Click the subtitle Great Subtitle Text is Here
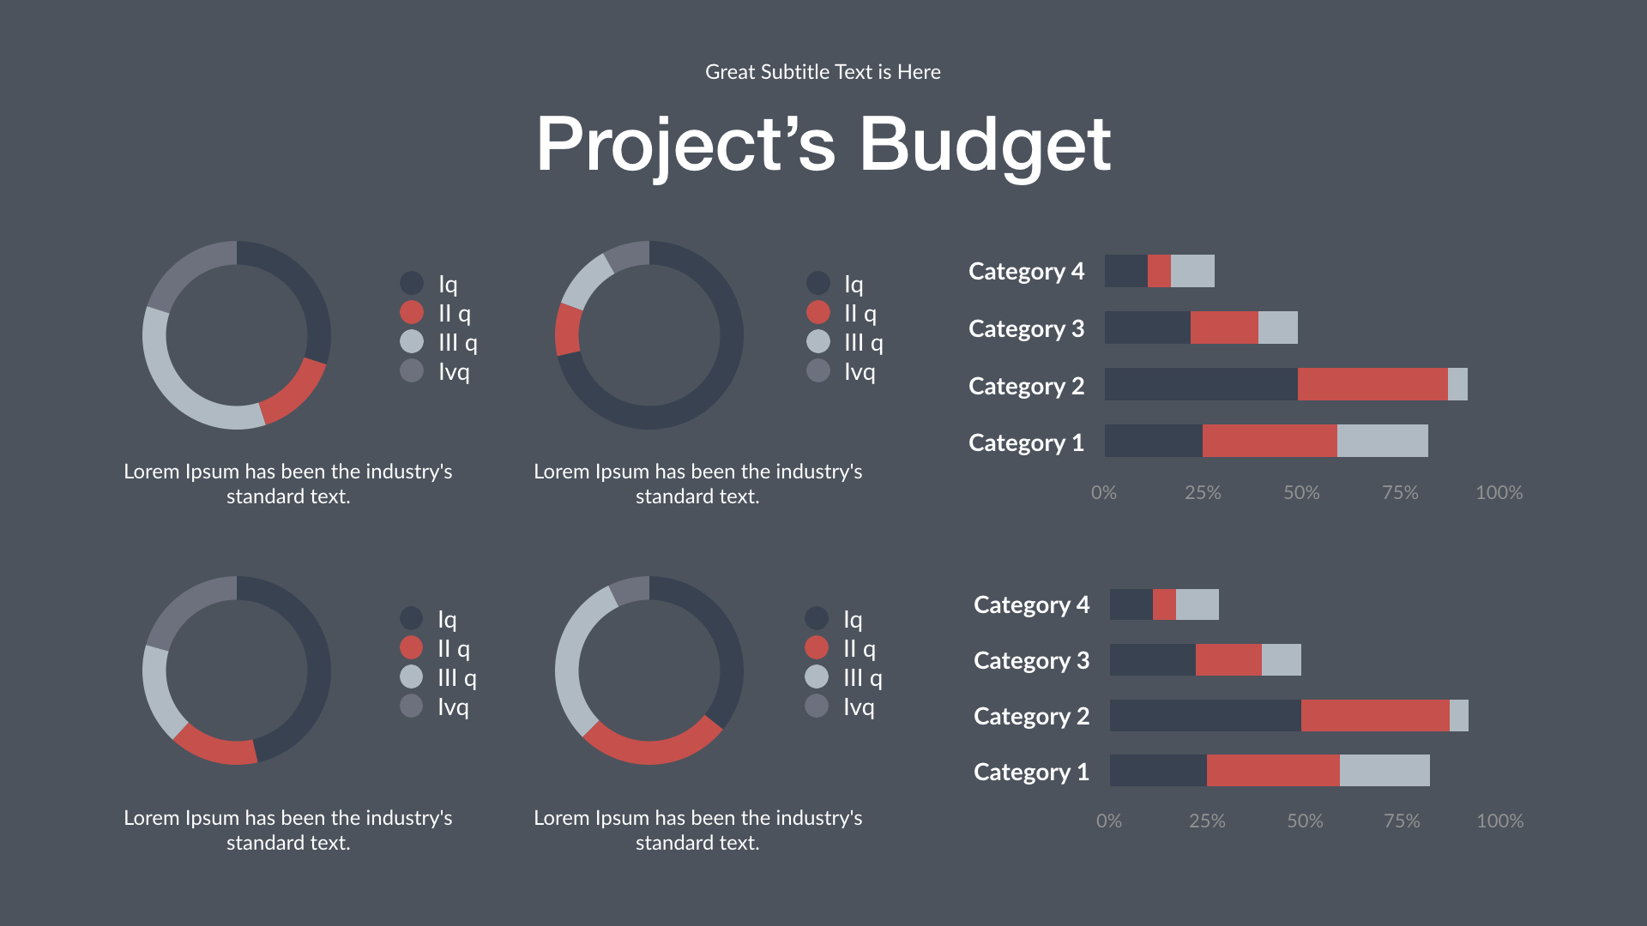pyautogui.click(x=823, y=72)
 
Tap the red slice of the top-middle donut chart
pyautogui.click(x=567, y=330)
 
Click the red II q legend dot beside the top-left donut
pyautogui.click(x=412, y=313)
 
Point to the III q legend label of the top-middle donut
pyautogui.click(x=863, y=343)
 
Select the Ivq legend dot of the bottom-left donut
pyautogui.click(x=412, y=707)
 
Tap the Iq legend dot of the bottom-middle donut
pyautogui.click(x=817, y=618)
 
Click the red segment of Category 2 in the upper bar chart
pyautogui.click(x=1372, y=384)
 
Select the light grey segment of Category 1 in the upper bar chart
pyautogui.click(x=1382, y=441)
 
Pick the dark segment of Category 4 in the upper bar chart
pyautogui.click(x=1125, y=271)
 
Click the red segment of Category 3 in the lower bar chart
pyautogui.click(x=1228, y=659)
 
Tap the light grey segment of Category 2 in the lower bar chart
pyautogui.click(x=1458, y=715)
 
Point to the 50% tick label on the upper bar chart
pyautogui.click(x=1301, y=493)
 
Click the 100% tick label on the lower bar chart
pyautogui.click(x=1499, y=821)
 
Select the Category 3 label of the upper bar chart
pyautogui.click(x=1026, y=328)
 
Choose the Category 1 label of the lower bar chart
pyautogui.click(x=1031, y=772)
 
